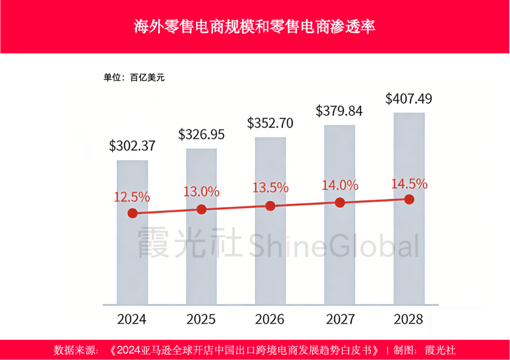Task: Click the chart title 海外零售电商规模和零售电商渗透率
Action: (255, 26)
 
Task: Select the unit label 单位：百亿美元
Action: (134, 78)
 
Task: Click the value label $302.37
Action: (132, 146)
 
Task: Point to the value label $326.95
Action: (201, 134)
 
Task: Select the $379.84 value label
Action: (339, 111)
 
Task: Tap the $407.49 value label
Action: (408, 99)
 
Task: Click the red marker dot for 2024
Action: (133, 213)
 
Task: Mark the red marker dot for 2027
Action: (340, 203)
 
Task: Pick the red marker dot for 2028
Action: (409, 200)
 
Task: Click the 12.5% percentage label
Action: (132, 197)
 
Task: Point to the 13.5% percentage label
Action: (270, 187)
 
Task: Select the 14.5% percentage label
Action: (409, 184)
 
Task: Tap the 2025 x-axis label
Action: (201, 319)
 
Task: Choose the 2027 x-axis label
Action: (340, 319)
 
